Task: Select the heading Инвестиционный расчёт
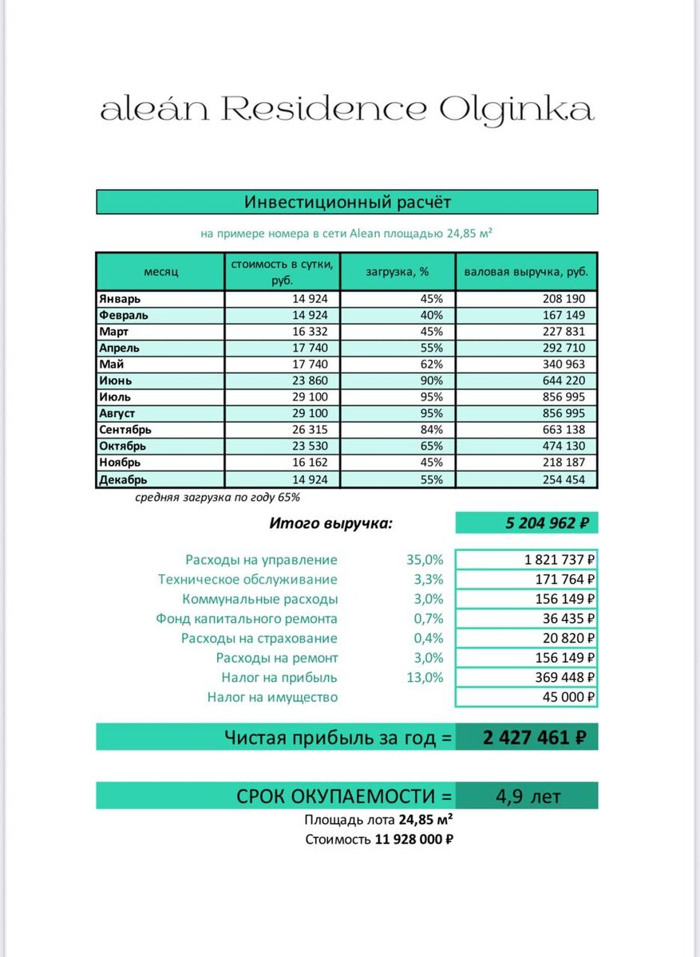(x=347, y=202)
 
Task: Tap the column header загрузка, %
(x=397, y=271)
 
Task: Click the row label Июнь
(x=115, y=380)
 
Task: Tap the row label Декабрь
(x=123, y=479)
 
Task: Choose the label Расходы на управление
(x=261, y=560)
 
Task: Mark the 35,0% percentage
(x=425, y=560)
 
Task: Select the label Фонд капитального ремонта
(x=247, y=619)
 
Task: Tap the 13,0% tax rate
(x=425, y=678)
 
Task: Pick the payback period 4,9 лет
(x=528, y=796)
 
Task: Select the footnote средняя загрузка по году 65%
(x=217, y=498)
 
